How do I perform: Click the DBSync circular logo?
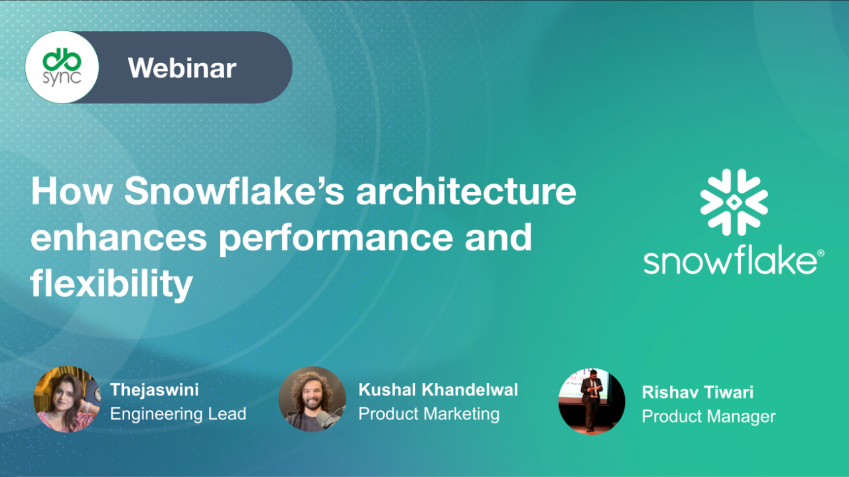[62, 67]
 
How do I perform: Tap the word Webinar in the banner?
[182, 68]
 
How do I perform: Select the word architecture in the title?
[466, 192]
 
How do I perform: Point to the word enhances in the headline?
[119, 238]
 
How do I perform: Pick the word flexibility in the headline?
[111, 284]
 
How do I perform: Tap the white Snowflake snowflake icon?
[734, 202]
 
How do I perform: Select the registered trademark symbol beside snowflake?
[820, 254]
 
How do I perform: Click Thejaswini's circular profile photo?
[67, 399]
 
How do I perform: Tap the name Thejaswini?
[155, 390]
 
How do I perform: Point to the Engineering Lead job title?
[178, 414]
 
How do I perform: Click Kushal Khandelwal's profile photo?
[312, 399]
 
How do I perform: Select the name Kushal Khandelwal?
[438, 390]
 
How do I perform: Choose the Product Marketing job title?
[428, 414]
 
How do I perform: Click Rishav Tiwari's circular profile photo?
[592, 401]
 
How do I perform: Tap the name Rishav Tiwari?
[697, 392]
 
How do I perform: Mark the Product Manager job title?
[708, 417]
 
